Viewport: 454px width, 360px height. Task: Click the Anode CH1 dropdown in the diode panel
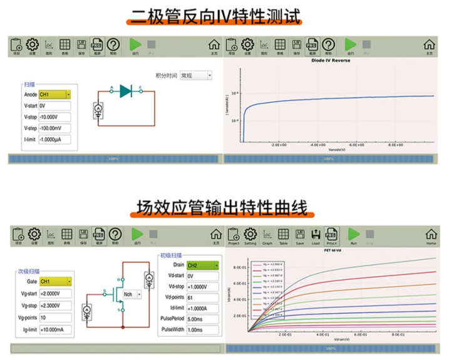pos(54,95)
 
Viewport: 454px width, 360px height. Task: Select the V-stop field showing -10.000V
pos(54,117)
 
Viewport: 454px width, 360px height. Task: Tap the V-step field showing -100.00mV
pos(54,128)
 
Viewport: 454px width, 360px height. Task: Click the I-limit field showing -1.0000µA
pos(54,139)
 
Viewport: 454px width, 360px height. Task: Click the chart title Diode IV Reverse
pos(331,61)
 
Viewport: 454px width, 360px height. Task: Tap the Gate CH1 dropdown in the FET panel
pos(54,282)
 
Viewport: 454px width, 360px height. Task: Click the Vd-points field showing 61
pos(202,297)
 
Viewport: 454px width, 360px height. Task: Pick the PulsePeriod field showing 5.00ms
pos(202,319)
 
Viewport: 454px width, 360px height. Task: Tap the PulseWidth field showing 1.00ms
pos(202,329)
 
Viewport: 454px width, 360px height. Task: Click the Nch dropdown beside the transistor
pos(132,294)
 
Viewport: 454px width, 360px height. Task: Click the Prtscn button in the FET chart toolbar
pos(333,236)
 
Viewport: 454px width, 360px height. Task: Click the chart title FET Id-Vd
pos(331,249)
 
